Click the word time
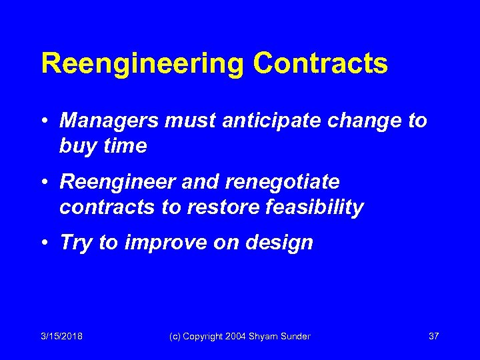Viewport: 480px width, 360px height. [x=125, y=145]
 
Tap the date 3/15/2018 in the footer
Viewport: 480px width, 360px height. [x=61, y=336]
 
